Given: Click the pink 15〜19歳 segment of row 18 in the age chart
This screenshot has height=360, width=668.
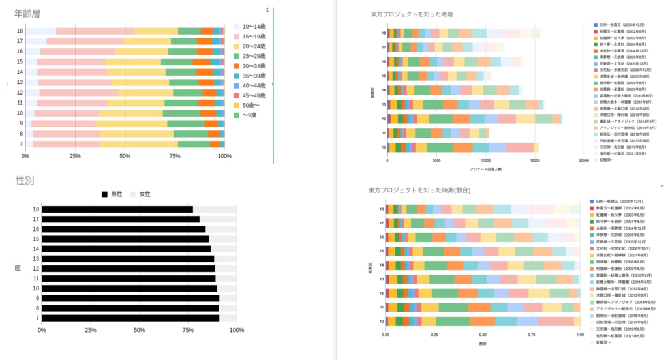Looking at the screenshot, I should pos(95,31).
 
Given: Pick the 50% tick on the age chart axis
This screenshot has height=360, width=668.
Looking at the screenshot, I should pos(125,157).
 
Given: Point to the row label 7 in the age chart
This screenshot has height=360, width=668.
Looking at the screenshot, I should pos(21,143).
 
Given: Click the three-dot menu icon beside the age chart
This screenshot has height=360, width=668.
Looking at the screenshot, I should pos(267,10).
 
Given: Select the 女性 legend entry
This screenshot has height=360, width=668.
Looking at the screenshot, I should pos(140,194).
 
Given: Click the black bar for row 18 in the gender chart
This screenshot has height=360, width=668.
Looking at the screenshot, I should pos(117,209).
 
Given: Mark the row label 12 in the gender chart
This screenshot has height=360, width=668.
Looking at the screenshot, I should pos(37,268).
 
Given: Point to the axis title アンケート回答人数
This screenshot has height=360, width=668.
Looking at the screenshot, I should pos(486,169).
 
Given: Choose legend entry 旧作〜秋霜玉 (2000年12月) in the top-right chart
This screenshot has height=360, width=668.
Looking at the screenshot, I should pos(621,24).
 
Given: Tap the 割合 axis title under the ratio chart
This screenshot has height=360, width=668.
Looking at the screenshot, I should pos(482,343).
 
